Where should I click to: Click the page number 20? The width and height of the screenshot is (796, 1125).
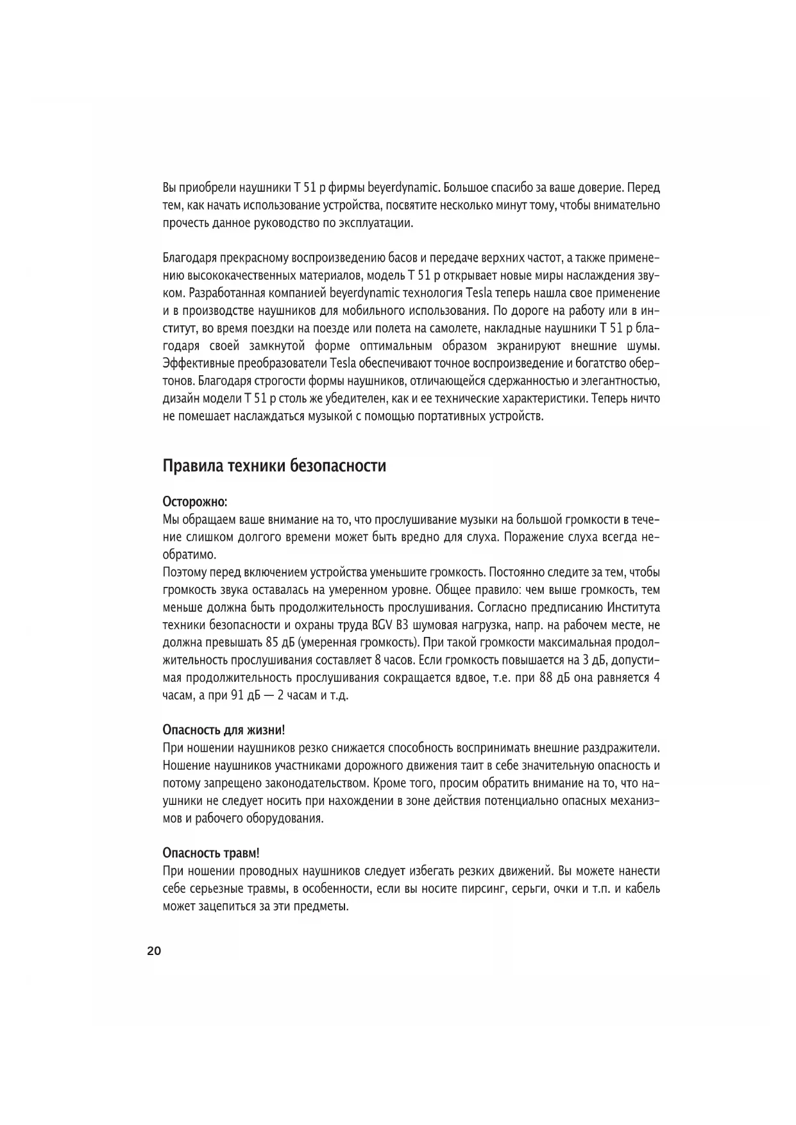(x=154, y=951)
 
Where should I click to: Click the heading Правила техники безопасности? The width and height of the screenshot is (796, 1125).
(x=275, y=465)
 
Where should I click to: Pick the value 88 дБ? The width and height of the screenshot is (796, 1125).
(x=555, y=678)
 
